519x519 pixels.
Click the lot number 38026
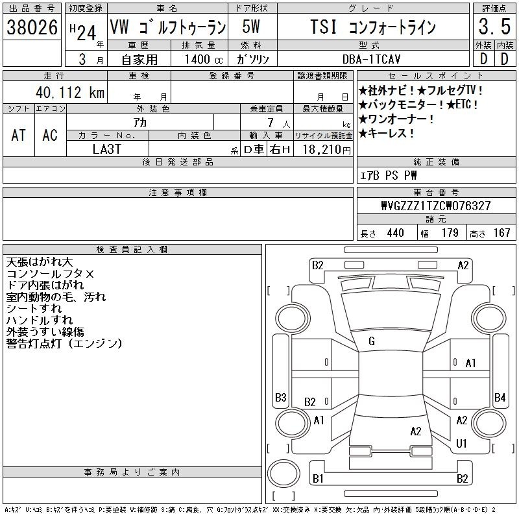click(x=32, y=27)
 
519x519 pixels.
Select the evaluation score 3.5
click(x=494, y=27)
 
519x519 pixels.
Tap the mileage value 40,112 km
click(x=70, y=92)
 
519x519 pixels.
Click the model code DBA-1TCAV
click(x=371, y=59)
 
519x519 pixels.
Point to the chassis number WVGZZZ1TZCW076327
click(x=436, y=206)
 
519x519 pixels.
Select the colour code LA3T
click(x=107, y=149)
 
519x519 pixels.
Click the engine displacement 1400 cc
click(x=204, y=59)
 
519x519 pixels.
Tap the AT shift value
click(x=19, y=136)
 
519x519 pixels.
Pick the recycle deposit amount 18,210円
click(x=327, y=150)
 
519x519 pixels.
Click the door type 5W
click(x=251, y=27)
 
